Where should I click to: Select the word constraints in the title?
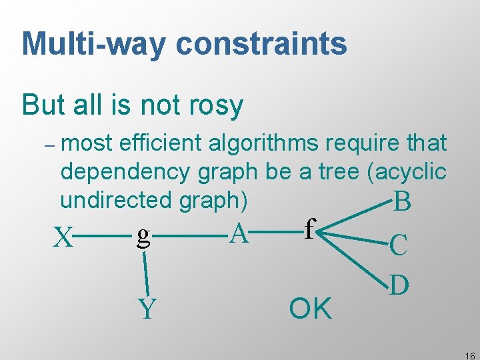261,44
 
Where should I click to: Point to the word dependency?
125,171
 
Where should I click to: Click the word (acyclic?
406,171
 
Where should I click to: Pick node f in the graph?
308,229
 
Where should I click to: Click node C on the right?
399,245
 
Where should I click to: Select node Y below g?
147,309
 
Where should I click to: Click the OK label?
310,309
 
